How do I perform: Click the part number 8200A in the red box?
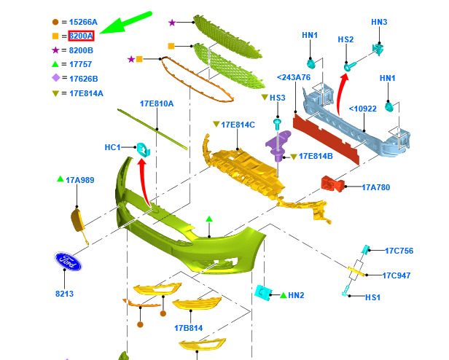pyautogui.click(x=82, y=36)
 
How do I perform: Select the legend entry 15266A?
pyautogui.click(x=84, y=22)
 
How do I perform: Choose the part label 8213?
pyautogui.click(x=65, y=294)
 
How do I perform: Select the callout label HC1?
pyautogui.click(x=112, y=147)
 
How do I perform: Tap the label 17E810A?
pyautogui.click(x=157, y=103)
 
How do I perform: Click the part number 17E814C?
pyautogui.click(x=238, y=125)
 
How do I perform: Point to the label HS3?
pyautogui.click(x=278, y=98)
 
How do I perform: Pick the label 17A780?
pyautogui.click(x=375, y=187)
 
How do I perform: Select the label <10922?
pyautogui.click(x=362, y=109)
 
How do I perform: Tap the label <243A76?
pyautogui.click(x=294, y=77)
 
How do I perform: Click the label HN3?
pyautogui.click(x=379, y=22)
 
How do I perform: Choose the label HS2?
pyautogui.click(x=345, y=39)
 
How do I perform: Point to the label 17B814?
pyautogui.click(x=188, y=328)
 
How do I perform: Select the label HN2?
pyautogui.click(x=296, y=295)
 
